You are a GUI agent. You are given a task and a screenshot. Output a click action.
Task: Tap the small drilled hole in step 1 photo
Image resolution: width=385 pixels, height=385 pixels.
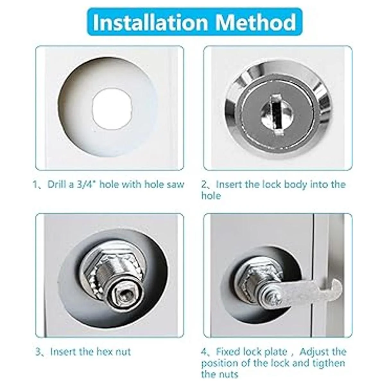click(x=112, y=111)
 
